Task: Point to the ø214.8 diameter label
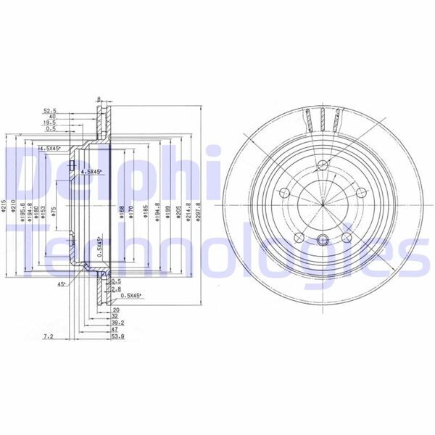click(188, 211)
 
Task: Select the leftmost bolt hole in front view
click(285, 194)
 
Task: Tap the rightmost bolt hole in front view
click(360, 192)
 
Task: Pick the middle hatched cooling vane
click(323, 118)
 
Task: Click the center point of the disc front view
click(321, 205)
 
